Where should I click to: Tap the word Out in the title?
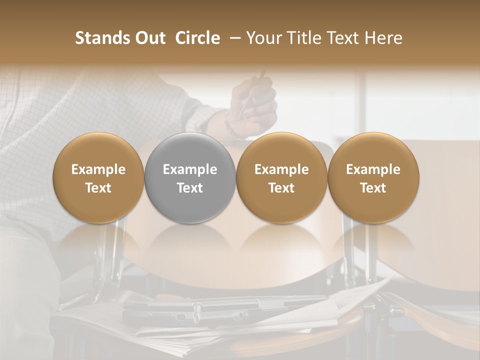tap(149, 38)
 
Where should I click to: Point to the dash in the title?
tap(232, 38)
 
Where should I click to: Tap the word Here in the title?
tap(382, 38)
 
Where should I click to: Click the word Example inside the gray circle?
tap(190, 169)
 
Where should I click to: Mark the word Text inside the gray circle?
tap(190, 188)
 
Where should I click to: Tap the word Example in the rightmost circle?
tap(373, 169)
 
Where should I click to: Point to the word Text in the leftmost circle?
tap(98, 188)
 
